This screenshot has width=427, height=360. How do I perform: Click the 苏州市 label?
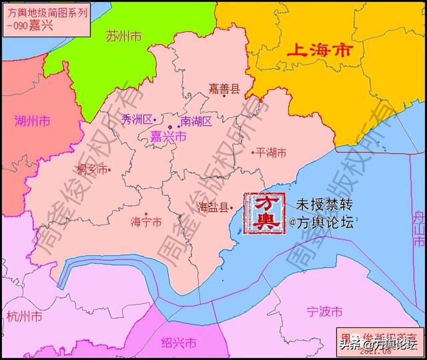pyautogui.click(x=124, y=36)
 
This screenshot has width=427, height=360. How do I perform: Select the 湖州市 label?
pyautogui.click(x=33, y=121)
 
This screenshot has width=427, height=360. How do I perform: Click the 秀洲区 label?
pyautogui.click(x=137, y=119)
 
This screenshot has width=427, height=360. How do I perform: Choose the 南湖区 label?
pyautogui.click(x=196, y=121)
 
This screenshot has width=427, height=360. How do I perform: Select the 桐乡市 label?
pyautogui.click(x=93, y=169)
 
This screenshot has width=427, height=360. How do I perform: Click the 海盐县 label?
pyautogui.click(x=213, y=207)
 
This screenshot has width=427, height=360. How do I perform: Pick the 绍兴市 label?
pyautogui.click(x=179, y=343)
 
